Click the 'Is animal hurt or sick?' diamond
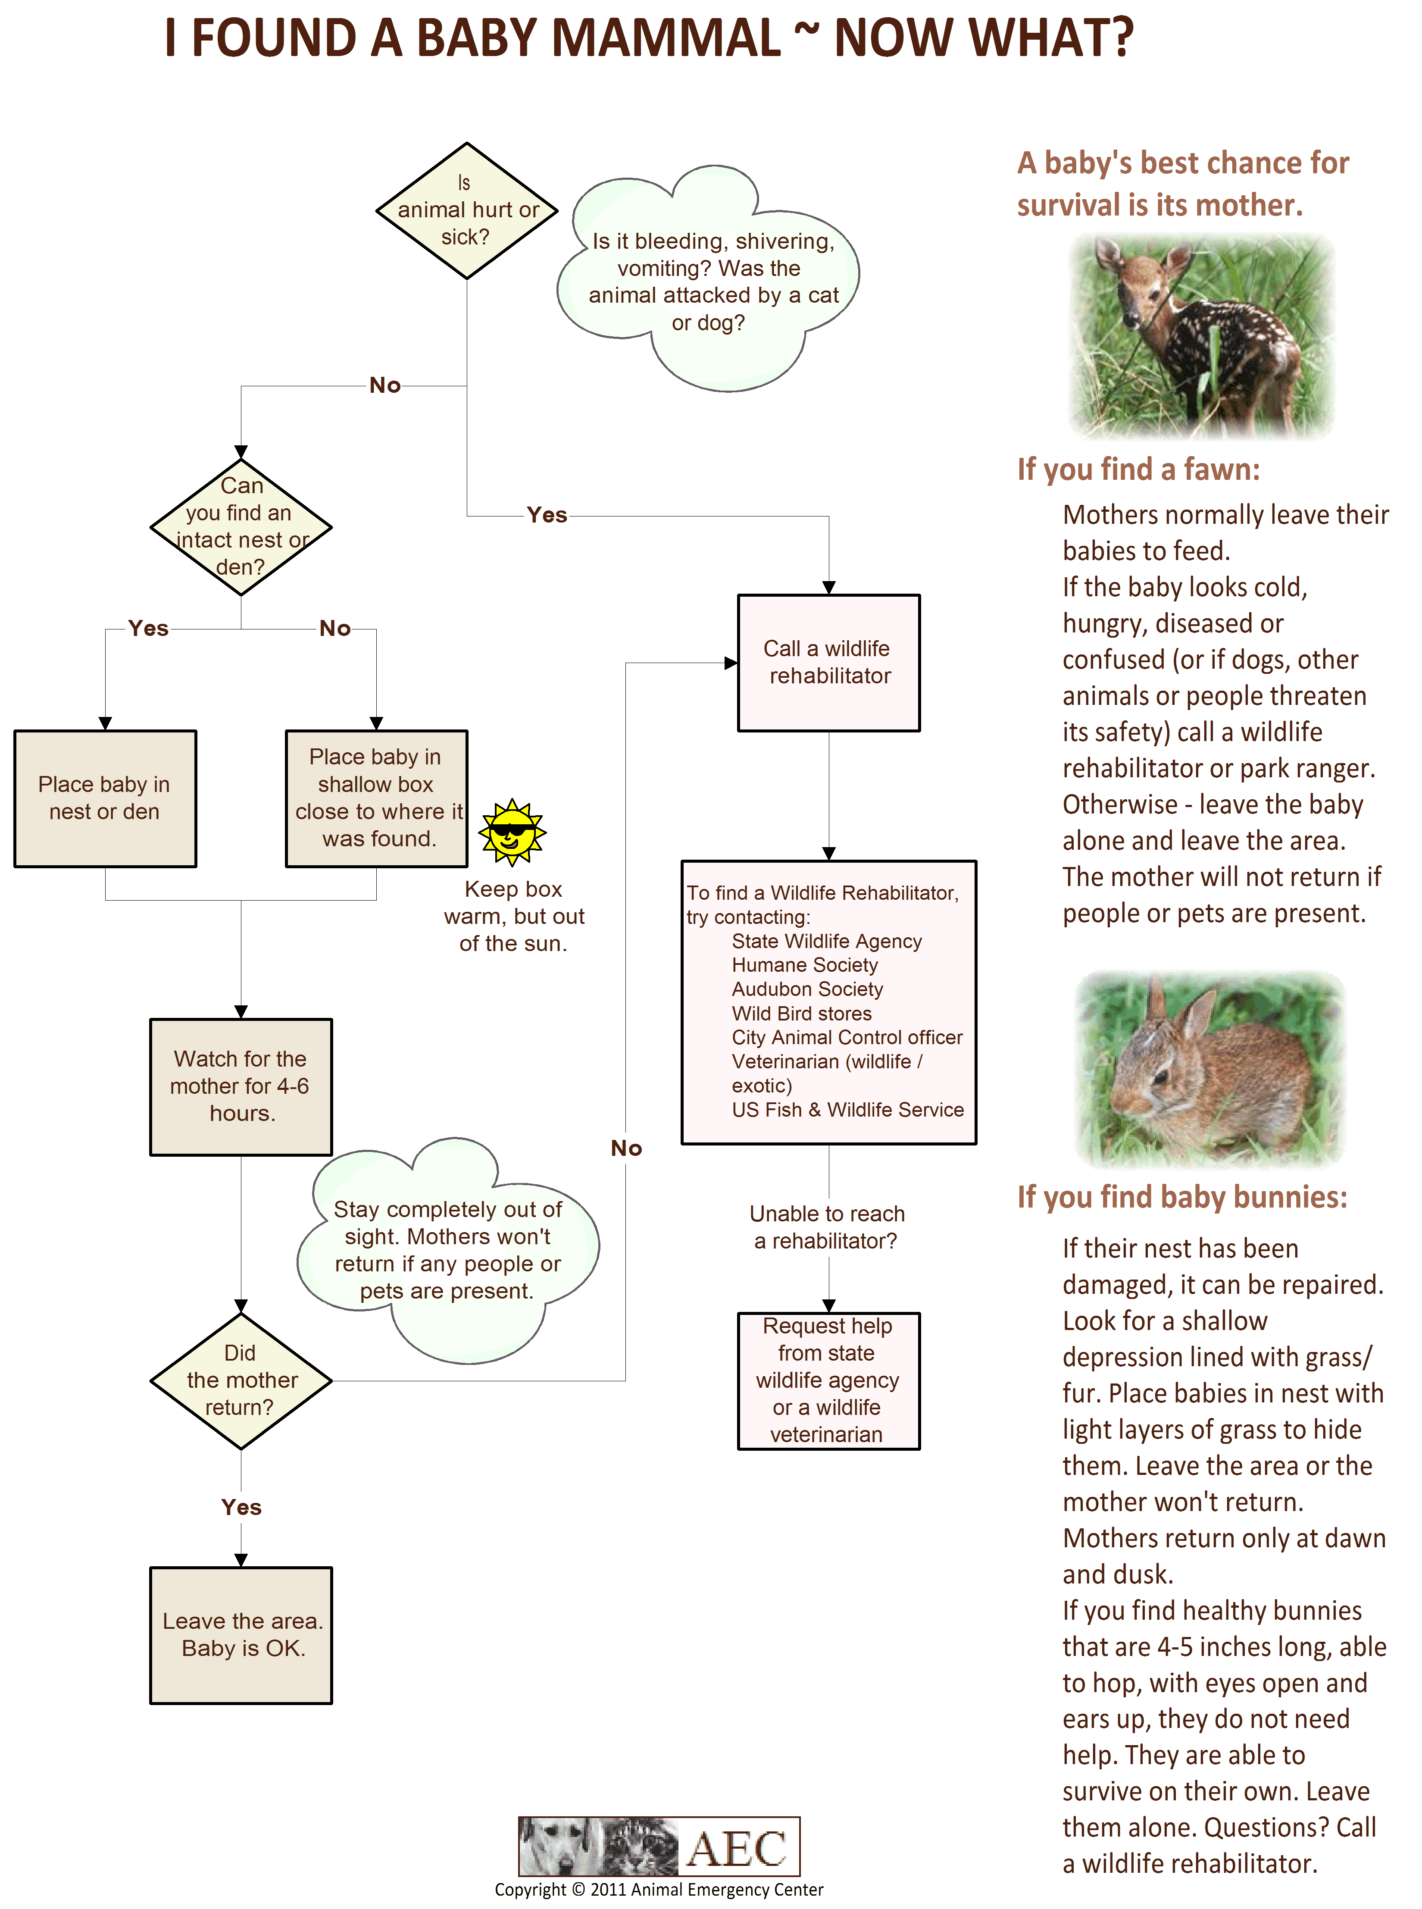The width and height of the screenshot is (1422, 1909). (x=466, y=211)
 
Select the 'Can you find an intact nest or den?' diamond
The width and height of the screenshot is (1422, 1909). (x=241, y=527)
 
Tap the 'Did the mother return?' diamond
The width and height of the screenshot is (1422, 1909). (x=241, y=1380)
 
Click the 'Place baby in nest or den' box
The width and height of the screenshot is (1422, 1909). (x=105, y=798)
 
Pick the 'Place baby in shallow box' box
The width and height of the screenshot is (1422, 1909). (x=376, y=798)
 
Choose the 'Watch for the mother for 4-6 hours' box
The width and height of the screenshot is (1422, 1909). (x=241, y=1086)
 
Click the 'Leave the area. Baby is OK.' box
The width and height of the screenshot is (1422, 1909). (x=241, y=1634)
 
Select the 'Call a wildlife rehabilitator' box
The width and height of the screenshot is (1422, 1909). (x=829, y=663)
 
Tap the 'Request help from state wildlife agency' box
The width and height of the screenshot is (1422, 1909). (x=829, y=1380)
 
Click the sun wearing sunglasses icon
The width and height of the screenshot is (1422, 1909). (x=512, y=832)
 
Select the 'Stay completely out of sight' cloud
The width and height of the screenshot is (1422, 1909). (x=447, y=1250)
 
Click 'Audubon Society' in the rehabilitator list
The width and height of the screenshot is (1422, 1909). (x=807, y=989)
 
